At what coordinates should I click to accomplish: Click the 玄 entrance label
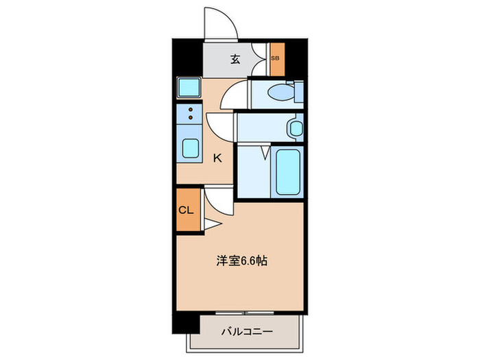click(x=235, y=60)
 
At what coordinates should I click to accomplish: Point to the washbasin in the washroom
click(x=296, y=128)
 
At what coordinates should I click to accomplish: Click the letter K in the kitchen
click(x=217, y=158)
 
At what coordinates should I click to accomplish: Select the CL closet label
click(x=186, y=211)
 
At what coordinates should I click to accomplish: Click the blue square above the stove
click(x=187, y=88)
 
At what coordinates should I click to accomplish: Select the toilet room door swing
click(x=235, y=94)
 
